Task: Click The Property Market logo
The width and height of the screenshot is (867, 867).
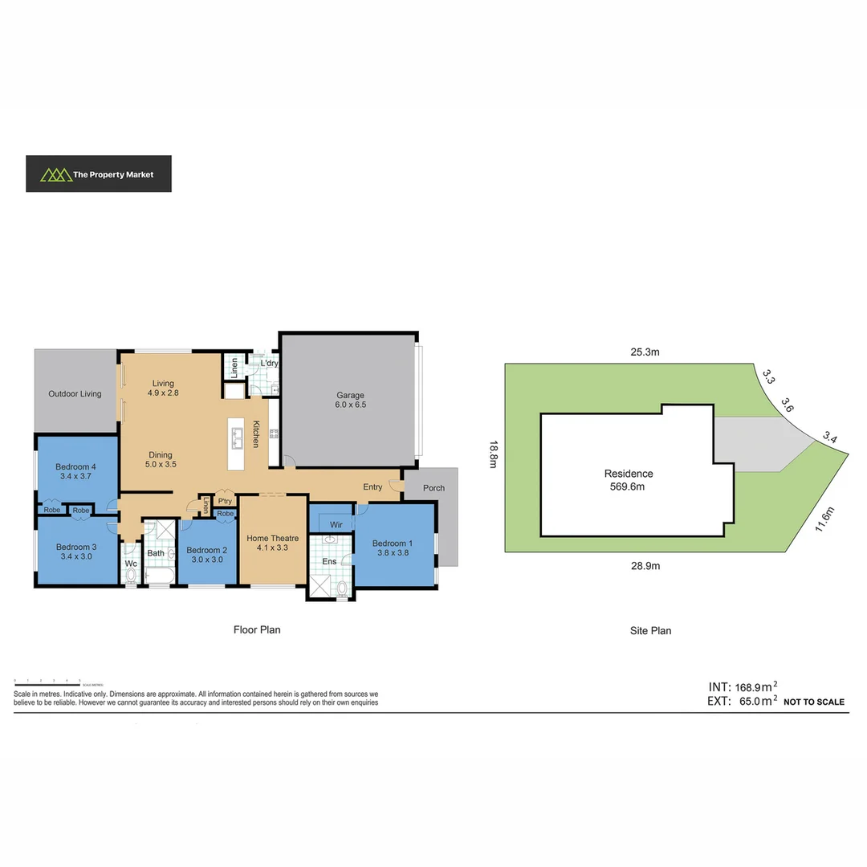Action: [98, 173]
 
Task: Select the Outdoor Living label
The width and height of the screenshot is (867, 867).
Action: [75, 393]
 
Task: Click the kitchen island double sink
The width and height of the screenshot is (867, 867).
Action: [238, 438]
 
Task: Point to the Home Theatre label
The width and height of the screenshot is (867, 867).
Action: [273, 538]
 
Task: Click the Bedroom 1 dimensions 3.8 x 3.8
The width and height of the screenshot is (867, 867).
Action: [393, 554]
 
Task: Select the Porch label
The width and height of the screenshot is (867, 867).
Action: [433, 488]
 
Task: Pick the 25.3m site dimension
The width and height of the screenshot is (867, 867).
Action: [645, 352]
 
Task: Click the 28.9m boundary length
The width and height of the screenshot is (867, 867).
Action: [645, 565]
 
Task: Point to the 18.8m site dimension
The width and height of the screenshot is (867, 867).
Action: [493, 458]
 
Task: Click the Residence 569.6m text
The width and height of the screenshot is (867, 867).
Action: [629, 479]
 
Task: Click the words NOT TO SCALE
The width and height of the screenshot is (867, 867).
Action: [813, 702]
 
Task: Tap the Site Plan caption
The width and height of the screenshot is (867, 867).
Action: [650, 631]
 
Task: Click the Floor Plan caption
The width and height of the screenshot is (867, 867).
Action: [257, 630]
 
